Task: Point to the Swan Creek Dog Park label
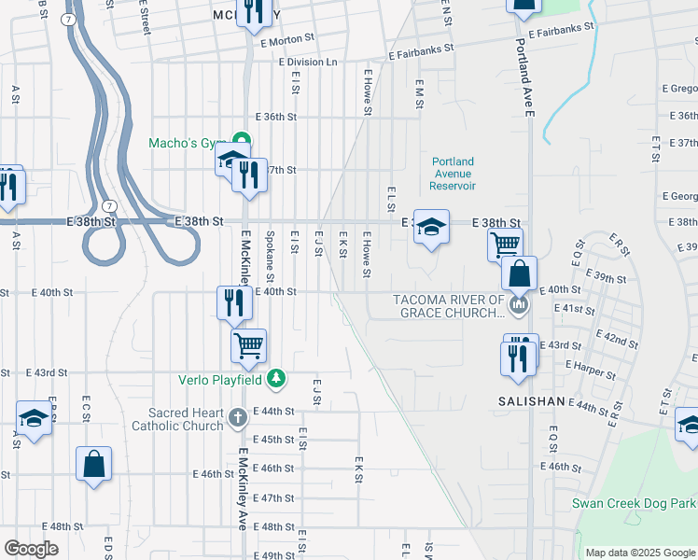pos(635,504)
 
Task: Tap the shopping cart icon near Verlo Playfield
pos(249,345)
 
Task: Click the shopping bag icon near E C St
pos(93,464)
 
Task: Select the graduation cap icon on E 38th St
pos(430,227)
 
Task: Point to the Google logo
pos(31,549)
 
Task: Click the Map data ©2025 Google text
pos(640,553)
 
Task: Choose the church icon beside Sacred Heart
pos(238,415)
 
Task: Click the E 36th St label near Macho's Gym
pos(278,117)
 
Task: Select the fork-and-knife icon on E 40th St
pos(233,302)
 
